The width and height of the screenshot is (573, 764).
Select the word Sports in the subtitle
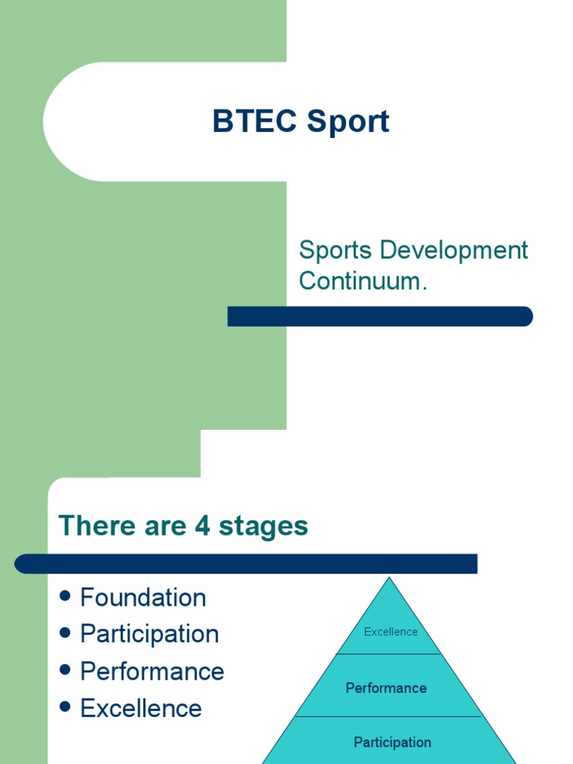336,251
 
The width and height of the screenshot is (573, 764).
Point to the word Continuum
363,281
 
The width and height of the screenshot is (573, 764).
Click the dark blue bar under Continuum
380,316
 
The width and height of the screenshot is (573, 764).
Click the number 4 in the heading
202,526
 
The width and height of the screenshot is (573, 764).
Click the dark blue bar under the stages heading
246,563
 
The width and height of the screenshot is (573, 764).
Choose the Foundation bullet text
143,598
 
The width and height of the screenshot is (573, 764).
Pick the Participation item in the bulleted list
149,634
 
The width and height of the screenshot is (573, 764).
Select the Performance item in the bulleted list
152,671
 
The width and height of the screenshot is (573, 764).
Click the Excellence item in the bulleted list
141,709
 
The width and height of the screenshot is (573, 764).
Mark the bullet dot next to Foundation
65,596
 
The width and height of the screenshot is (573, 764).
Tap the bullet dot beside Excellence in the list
65,707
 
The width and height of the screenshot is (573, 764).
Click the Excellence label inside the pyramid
390,632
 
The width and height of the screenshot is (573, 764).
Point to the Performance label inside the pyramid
386,688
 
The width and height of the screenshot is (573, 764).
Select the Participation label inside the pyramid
392,742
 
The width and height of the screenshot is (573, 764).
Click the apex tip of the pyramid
388,580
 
